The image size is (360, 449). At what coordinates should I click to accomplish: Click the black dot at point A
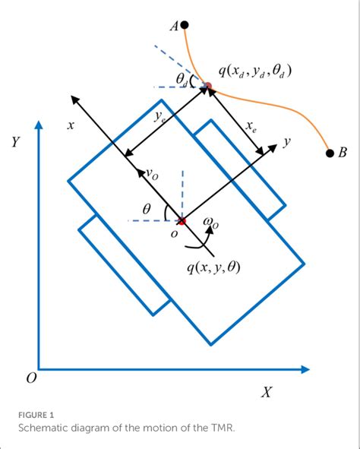185,25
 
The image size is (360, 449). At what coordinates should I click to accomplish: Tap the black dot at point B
330,153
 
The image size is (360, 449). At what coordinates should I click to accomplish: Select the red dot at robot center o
182,221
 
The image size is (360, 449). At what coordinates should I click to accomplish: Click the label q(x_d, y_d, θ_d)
254,71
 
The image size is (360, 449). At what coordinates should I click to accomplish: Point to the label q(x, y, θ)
213,267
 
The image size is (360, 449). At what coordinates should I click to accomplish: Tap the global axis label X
267,392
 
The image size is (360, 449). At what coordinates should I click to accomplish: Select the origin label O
31,378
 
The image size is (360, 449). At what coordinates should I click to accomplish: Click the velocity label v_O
152,174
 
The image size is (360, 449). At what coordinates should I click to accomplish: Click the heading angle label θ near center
147,207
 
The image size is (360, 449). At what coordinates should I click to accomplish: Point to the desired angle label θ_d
182,79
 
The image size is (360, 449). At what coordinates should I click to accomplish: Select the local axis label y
288,142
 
